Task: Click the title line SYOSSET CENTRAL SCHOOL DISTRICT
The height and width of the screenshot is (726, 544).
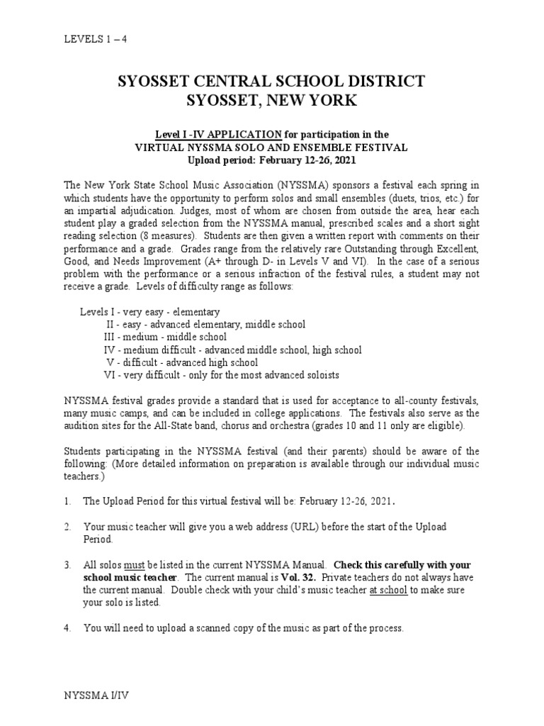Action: (272, 81)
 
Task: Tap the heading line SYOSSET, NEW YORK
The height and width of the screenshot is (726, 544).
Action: (272, 101)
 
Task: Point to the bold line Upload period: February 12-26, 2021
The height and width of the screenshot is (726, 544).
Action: (272, 161)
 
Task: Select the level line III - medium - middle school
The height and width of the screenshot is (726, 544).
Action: (165, 337)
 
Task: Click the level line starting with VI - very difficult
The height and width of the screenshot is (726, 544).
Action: (221, 374)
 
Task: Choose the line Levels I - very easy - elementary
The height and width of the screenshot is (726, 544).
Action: (149, 311)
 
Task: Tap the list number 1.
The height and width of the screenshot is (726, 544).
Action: (66, 501)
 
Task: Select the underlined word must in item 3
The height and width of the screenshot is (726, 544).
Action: (135, 565)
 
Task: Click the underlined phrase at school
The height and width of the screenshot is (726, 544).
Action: (388, 591)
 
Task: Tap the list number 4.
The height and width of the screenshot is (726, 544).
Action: (66, 628)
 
